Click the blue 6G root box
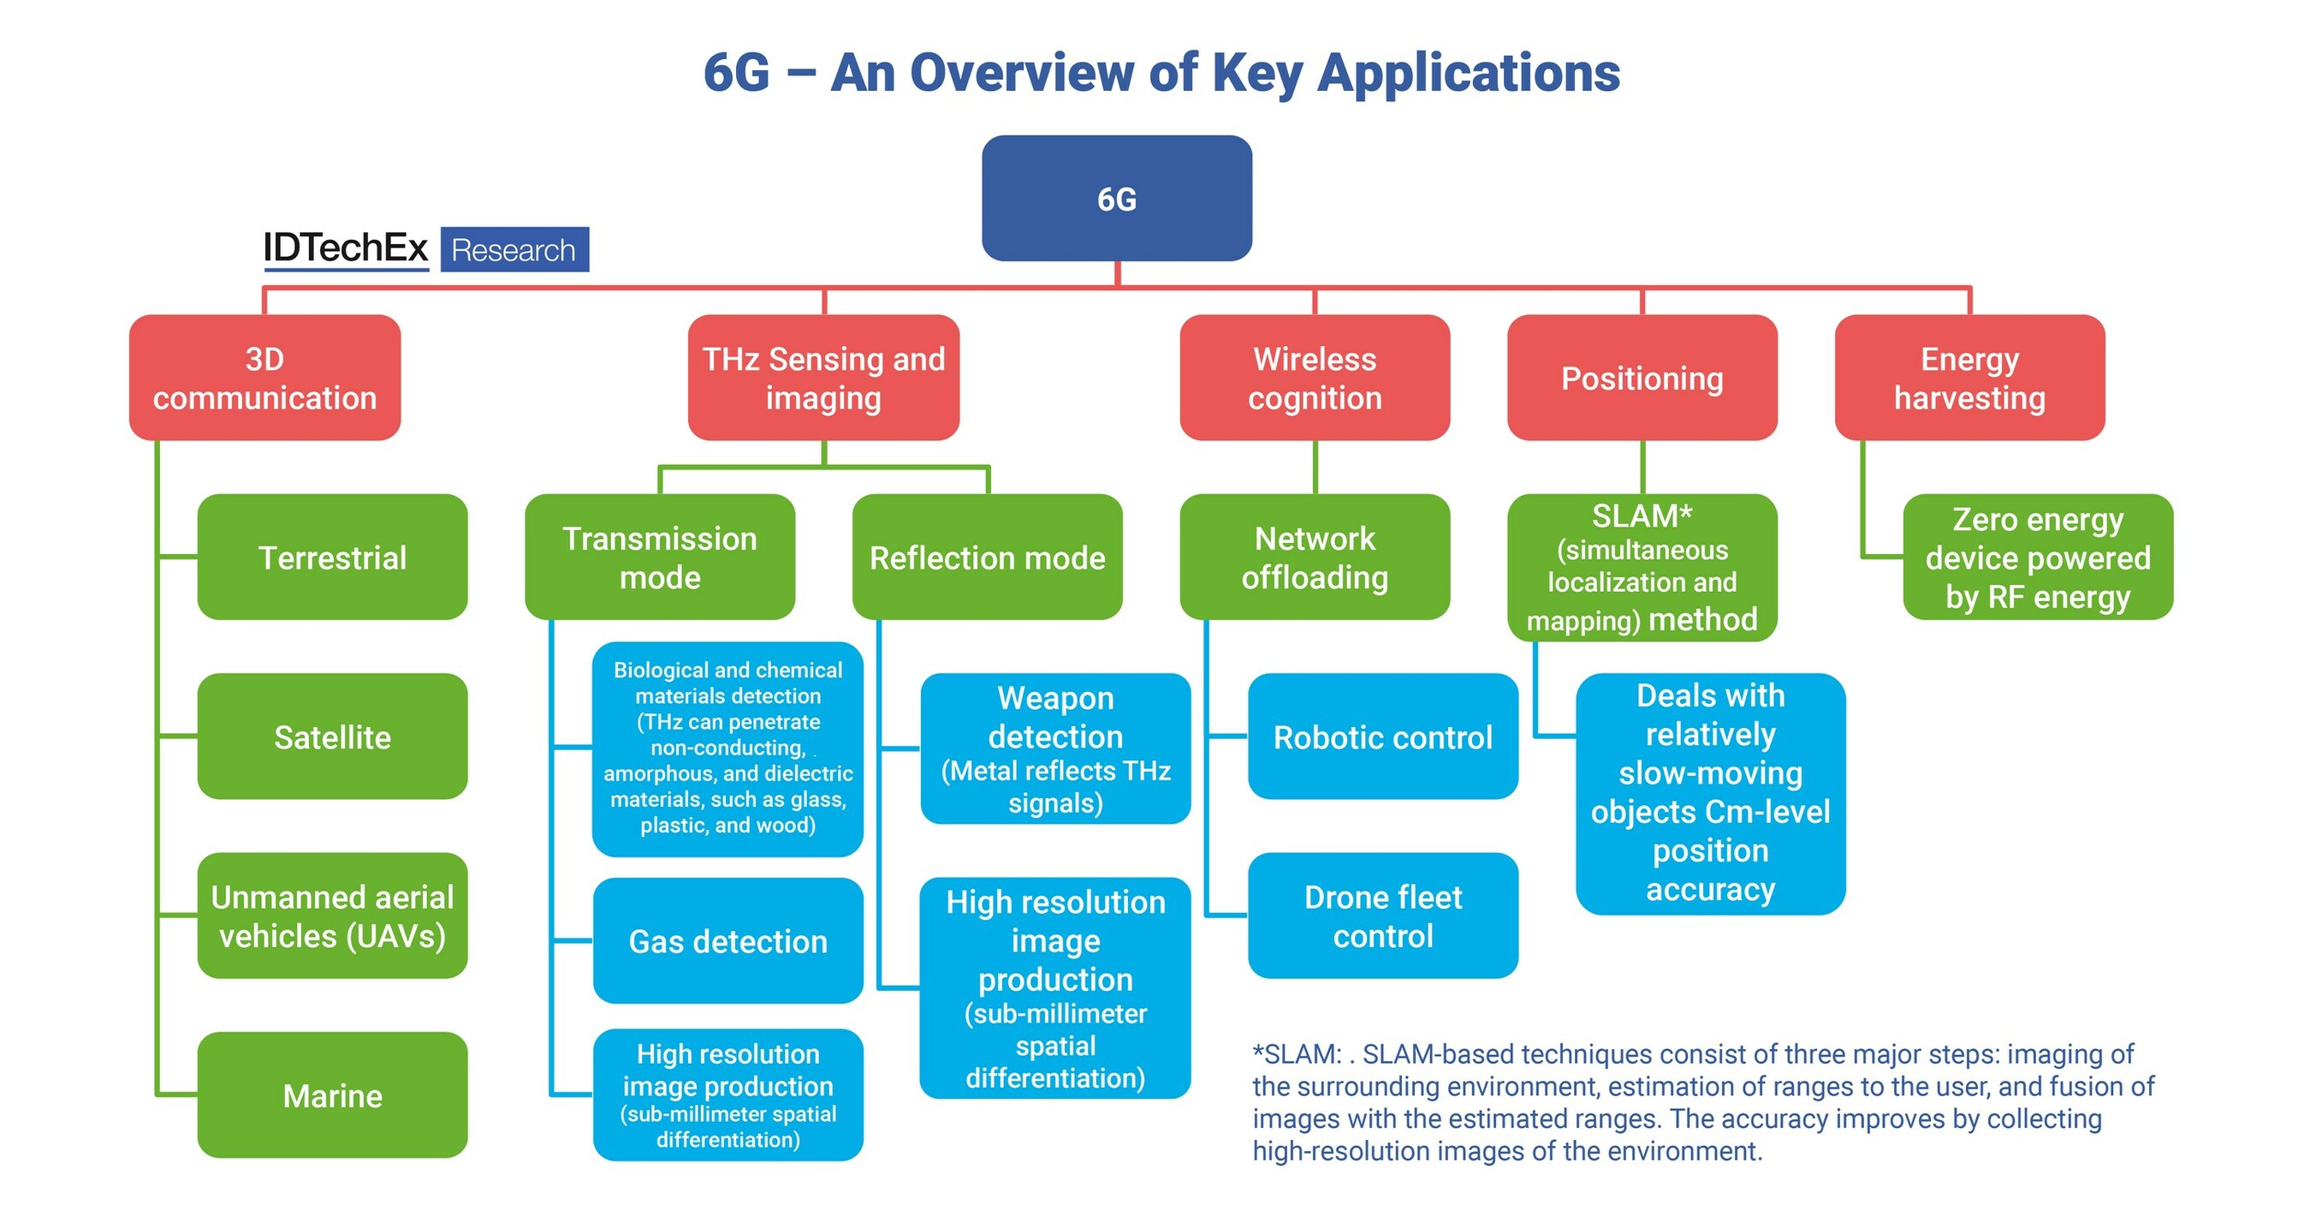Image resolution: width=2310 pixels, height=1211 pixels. (x=1116, y=198)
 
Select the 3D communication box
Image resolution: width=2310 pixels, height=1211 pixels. (x=264, y=378)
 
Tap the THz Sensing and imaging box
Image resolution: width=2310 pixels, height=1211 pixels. (x=823, y=378)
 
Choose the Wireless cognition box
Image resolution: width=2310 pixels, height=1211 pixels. (x=1315, y=378)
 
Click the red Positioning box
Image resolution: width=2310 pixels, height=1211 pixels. (x=1642, y=378)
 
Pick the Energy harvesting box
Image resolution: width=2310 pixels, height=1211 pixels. (x=1969, y=378)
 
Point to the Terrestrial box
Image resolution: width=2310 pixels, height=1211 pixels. (x=332, y=557)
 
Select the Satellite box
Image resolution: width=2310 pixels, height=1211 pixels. (x=332, y=737)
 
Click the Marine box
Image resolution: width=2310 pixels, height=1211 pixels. (x=332, y=1095)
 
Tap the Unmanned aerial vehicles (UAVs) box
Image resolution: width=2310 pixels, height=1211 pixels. (x=332, y=916)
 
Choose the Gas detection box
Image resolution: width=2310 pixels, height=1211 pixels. (x=727, y=941)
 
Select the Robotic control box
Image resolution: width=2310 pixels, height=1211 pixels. (x=1383, y=737)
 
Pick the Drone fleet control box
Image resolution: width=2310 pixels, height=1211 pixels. (x=1383, y=916)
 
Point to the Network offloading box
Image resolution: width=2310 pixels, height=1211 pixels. (x=1315, y=557)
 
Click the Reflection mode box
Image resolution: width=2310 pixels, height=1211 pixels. (x=988, y=557)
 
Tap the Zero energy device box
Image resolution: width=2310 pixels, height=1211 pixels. (x=2037, y=557)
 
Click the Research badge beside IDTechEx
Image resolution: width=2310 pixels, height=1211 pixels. (x=514, y=249)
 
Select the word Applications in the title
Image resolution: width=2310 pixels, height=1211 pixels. (x=1468, y=72)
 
